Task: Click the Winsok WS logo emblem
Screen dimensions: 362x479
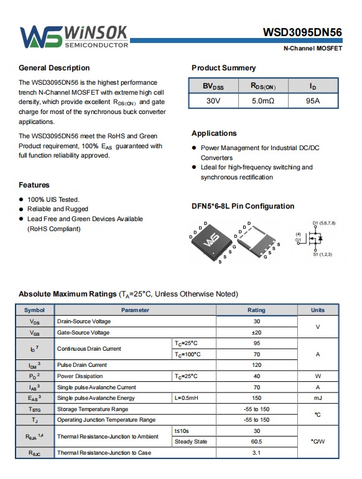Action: pyautogui.click(x=41, y=37)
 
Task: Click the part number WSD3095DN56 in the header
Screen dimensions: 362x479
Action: pyautogui.click(x=302, y=32)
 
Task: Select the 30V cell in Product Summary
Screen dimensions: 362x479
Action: pyautogui.click(x=213, y=101)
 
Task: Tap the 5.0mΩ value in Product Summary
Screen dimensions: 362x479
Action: pyautogui.click(x=263, y=101)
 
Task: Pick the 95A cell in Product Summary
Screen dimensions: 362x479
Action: pyautogui.click(x=313, y=101)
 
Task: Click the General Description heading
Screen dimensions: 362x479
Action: pyautogui.click(x=54, y=68)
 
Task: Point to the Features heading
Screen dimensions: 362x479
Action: pyautogui.click(x=34, y=185)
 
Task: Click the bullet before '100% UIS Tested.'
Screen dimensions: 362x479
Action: pyautogui.click(x=21, y=199)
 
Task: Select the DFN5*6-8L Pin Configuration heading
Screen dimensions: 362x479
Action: pyautogui.click(x=243, y=206)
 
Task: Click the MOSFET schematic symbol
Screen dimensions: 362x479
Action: pyautogui.click(x=315, y=239)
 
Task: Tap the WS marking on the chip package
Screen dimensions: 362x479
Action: pyautogui.click(x=211, y=240)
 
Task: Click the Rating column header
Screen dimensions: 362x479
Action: pyautogui.click(x=256, y=310)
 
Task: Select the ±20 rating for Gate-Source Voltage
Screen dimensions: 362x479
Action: pyautogui.click(x=256, y=333)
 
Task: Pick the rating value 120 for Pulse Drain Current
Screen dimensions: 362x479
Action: pyautogui.click(x=256, y=365)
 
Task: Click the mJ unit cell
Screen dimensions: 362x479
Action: pyautogui.click(x=318, y=398)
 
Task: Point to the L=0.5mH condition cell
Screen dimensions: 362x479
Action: pyautogui.click(x=187, y=398)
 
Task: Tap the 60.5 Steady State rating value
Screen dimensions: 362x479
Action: pyautogui.click(x=256, y=442)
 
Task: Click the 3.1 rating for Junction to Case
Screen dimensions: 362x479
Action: pyautogui.click(x=256, y=453)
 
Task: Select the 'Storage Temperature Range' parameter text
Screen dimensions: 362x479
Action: pyautogui.click(x=93, y=409)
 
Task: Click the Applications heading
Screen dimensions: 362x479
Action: pyautogui.click(x=214, y=133)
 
